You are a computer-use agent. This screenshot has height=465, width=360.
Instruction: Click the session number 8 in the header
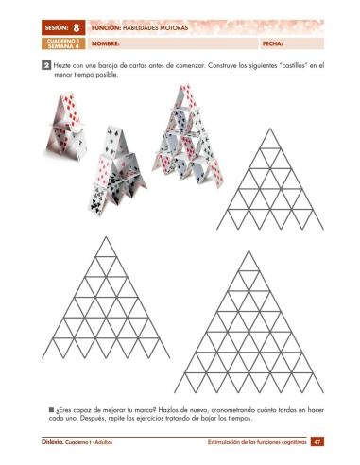(75, 28)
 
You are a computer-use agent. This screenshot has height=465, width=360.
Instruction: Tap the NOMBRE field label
(105, 43)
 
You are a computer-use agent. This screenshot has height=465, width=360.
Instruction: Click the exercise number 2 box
(46, 65)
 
